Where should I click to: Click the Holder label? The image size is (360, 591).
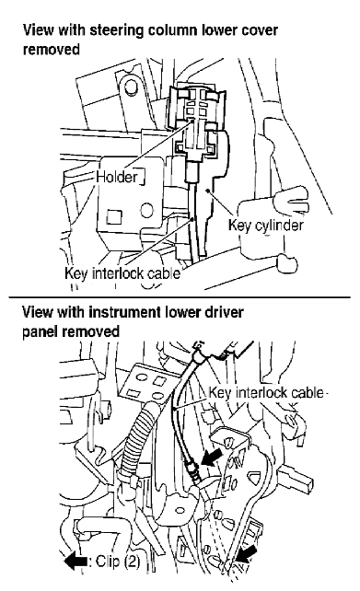pos(117,177)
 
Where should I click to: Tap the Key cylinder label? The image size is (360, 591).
pos(266,225)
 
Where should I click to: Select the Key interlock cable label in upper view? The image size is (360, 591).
pos(122,272)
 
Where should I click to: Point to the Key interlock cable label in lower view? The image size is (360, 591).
pos(266,393)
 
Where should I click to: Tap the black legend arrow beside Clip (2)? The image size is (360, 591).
pos(75,562)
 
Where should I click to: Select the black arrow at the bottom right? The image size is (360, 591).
pos(247,555)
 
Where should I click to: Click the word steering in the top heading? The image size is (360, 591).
pos(116,31)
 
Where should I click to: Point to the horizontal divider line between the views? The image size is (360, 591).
pos(180,297)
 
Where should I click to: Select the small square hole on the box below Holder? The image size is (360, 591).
pos(113,217)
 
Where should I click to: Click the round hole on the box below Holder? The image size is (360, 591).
pos(147,210)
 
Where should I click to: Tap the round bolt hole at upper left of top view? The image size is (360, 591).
pos(131,87)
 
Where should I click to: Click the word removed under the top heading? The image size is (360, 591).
pos(52,50)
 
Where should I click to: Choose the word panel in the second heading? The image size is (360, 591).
pos(40,331)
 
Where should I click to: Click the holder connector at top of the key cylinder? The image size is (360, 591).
pos(196,121)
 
